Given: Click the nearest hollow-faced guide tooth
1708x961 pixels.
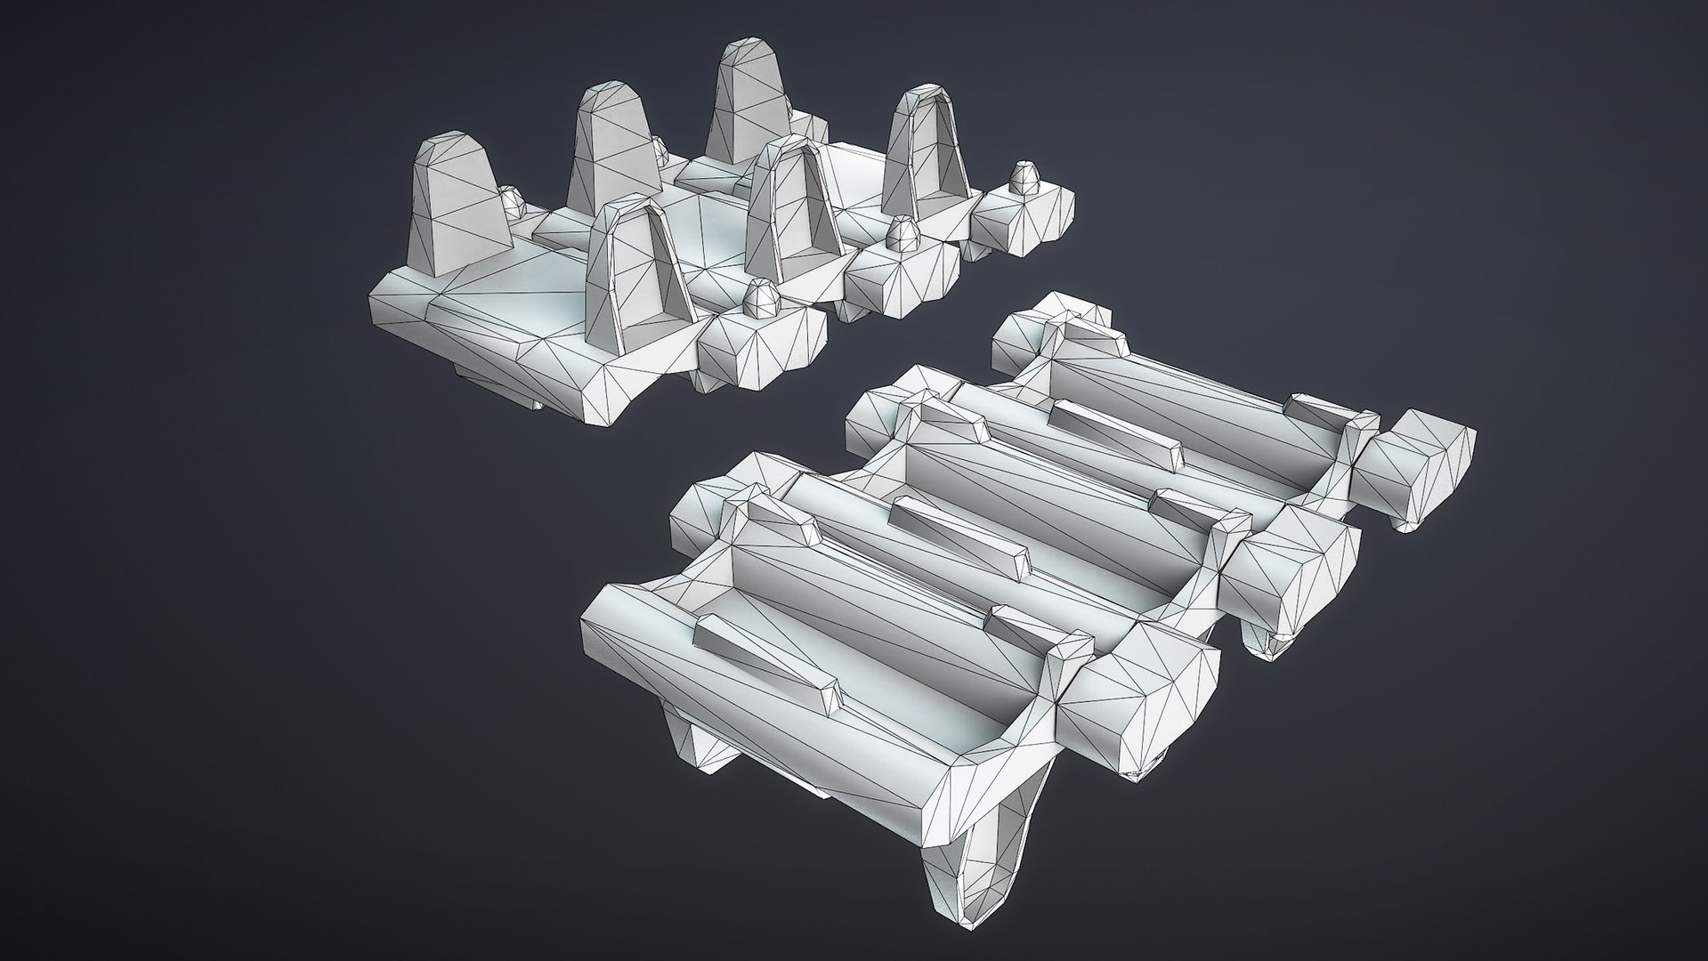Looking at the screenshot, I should pyautogui.click(x=639, y=276).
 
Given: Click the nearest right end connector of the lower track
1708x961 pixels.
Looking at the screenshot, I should pyautogui.click(x=1148, y=690).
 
